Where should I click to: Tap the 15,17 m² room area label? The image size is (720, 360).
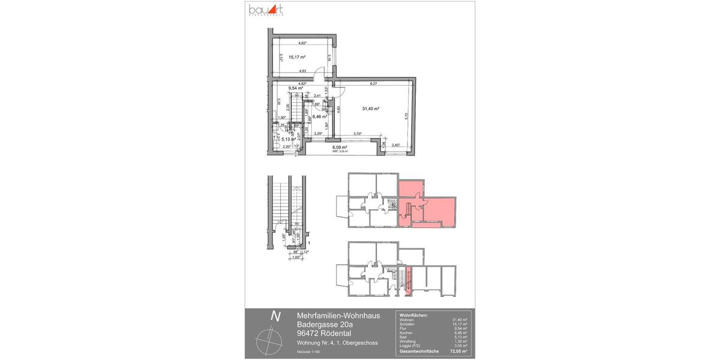pyautogui.click(x=297, y=58)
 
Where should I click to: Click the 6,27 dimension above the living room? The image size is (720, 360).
pyautogui.click(x=373, y=83)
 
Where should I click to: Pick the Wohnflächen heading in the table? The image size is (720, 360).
pyautogui.click(x=413, y=314)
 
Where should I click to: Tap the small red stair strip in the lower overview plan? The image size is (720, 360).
pyautogui.click(x=410, y=282)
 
